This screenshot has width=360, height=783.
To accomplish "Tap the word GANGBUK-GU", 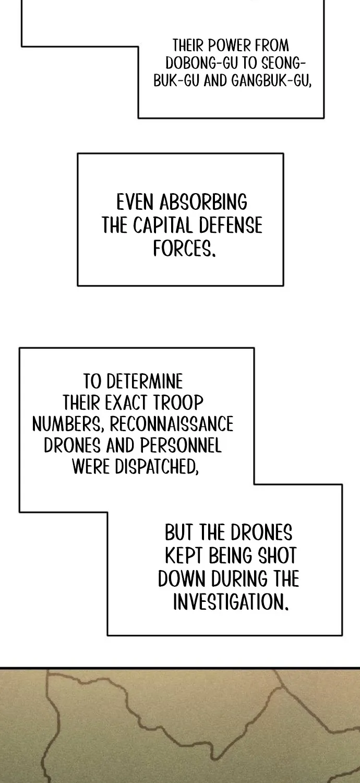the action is pos(271,81).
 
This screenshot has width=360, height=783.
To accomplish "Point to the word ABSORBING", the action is pos(203,202).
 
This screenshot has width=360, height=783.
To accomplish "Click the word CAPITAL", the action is pos(162,225).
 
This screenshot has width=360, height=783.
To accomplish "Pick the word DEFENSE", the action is pos(231,225).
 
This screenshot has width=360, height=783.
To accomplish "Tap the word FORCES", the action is pos(184,248).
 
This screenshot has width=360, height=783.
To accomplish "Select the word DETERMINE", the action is pos(145,382).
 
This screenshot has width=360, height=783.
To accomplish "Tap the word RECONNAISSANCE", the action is pos(172,424).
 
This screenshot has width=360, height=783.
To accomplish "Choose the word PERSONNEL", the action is pos(181,445).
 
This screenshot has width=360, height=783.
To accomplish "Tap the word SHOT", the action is pos(277,555).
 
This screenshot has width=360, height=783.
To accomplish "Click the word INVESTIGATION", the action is pos(231,601).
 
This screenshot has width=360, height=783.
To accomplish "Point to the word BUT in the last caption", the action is pos(178,532).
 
